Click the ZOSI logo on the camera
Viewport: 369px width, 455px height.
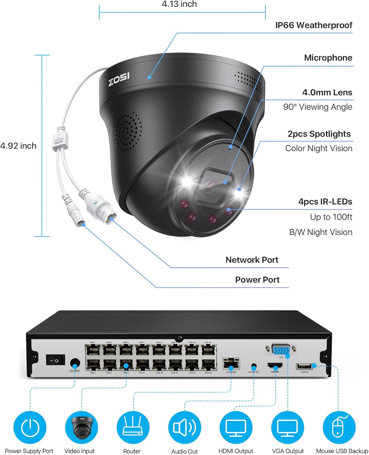pos(119,79)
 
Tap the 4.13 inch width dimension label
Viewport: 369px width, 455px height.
pos(179,4)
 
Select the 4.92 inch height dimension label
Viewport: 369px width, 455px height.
pos(18,146)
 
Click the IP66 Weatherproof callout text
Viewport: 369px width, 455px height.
pos(314,25)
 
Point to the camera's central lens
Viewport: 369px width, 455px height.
pos(210,185)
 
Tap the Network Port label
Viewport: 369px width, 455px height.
pos(252,260)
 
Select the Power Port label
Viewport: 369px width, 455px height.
pos(257,280)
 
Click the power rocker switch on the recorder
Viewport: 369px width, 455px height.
pos(55,360)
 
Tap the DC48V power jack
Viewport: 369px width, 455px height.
pos(75,363)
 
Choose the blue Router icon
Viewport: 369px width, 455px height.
pos(133,427)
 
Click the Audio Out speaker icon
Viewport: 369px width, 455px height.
pos(184,427)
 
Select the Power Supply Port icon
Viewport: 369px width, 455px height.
pos(30,427)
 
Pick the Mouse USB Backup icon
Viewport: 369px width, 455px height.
pos(339,427)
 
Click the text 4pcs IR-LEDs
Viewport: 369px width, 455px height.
pos(325,202)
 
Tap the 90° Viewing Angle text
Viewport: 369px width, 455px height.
pos(317,107)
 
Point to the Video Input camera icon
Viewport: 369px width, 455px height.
pos(81,427)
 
